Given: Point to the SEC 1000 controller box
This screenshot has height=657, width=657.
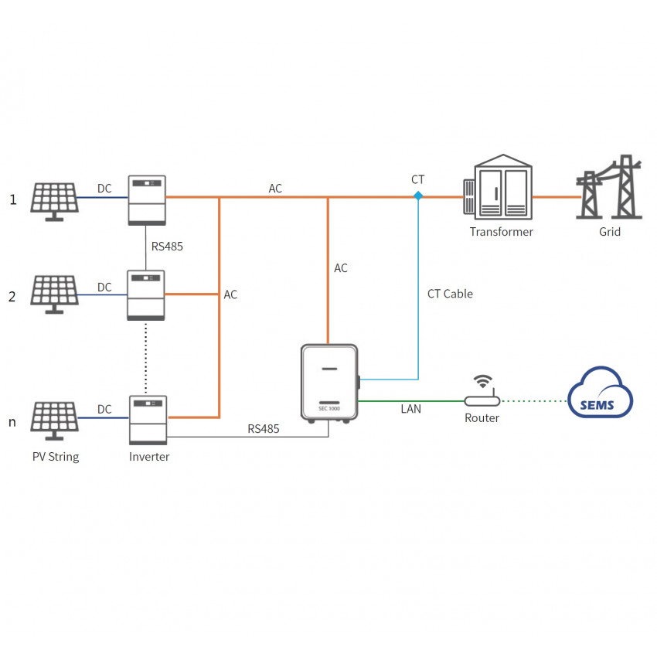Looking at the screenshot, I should coord(330,383).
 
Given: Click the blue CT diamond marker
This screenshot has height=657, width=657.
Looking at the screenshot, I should coord(418,196).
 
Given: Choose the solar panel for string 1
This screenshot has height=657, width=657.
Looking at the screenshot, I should coord(53,199).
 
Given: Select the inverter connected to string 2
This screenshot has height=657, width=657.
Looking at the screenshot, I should coord(146,294).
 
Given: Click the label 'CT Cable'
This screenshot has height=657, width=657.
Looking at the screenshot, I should coord(450,294).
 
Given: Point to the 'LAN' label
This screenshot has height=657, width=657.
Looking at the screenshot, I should coord(411,409).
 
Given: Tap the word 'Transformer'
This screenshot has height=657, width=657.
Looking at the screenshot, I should coord(502,232).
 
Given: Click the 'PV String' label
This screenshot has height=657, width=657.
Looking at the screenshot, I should coord(56,457).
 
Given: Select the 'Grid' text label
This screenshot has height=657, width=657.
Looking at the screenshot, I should coord(610,232).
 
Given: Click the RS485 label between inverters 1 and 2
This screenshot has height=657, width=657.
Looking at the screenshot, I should coord(167,247).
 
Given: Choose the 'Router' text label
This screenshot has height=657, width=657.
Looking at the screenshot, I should coord(482,418).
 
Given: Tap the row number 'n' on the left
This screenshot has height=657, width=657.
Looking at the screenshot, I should coord(12,422).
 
